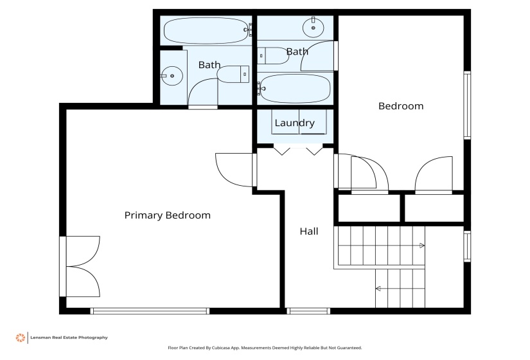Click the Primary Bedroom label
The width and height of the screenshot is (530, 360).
coord(167,215)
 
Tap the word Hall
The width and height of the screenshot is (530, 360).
coord(308,231)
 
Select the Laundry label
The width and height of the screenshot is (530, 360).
coord(294,123)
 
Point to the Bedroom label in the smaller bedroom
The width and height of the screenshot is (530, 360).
coord(400,106)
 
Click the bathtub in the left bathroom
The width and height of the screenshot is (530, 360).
coord(205,30)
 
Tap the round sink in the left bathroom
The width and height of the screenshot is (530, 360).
coord(172,76)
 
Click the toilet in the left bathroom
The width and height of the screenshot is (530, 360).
coord(234,75)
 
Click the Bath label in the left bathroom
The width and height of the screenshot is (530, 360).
coord(209,65)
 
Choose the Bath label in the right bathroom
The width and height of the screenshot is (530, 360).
coord(297,51)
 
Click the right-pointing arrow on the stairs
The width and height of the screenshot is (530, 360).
coord(421,246)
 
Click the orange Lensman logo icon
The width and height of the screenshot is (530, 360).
coord(21,337)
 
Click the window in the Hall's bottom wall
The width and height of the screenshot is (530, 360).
coord(308,311)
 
